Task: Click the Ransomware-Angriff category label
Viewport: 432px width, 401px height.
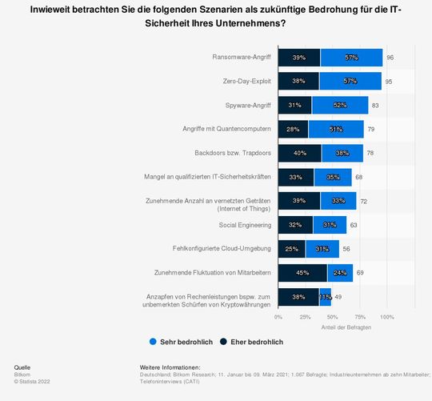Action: coord(242,58)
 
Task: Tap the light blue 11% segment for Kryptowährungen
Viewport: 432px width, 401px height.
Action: coord(326,297)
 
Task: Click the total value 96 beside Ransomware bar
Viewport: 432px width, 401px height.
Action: coord(390,58)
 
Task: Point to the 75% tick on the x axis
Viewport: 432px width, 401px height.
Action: coord(360,317)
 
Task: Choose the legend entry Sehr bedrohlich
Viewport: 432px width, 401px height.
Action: coord(180,342)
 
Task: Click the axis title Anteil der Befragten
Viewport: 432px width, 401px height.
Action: coord(345,327)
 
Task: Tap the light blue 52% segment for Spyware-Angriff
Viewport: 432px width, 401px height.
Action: coord(340,106)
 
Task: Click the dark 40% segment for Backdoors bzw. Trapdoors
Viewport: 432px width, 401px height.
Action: coord(300,154)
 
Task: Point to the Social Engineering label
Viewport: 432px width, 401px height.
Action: coord(245,226)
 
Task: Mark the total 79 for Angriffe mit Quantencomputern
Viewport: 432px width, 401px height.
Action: coord(371,130)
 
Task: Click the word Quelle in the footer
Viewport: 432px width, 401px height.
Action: coord(23,367)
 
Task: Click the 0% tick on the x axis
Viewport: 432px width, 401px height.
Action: coord(278,317)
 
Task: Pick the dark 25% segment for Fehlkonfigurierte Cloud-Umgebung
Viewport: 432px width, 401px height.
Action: coord(292,250)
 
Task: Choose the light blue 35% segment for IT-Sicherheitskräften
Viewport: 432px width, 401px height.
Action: coord(333,178)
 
